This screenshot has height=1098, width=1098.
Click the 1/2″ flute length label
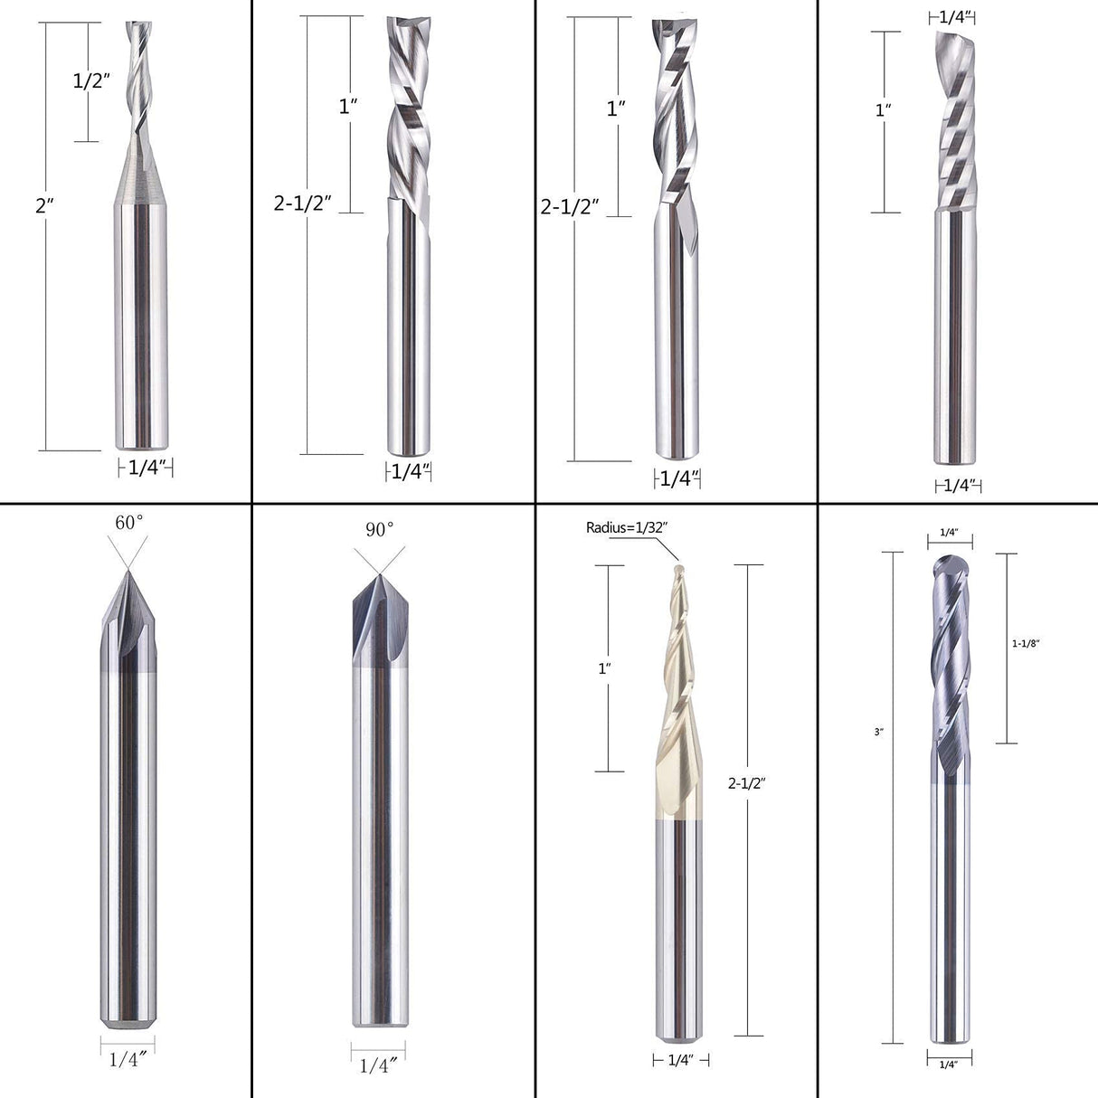pyautogui.click(x=91, y=80)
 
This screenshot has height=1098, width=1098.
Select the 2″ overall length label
pyautogui.click(x=40, y=205)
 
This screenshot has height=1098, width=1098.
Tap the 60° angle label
pyautogui.click(x=128, y=522)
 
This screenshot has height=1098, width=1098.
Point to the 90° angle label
pyautogui.click(x=381, y=528)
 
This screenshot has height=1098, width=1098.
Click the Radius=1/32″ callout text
pyautogui.click(x=627, y=527)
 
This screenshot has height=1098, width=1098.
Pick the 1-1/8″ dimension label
pyautogui.click(x=1026, y=643)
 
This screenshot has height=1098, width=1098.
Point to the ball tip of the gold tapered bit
pyautogui.click(x=677, y=570)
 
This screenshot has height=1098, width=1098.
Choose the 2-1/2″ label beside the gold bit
pyautogui.click(x=747, y=784)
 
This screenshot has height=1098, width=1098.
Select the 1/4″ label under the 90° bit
pyautogui.click(x=379, y=1065)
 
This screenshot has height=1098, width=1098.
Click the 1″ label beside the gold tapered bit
pyautogui.click(x=604, y=668)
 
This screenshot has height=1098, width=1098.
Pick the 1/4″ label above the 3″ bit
pyautogui.click(x=949, y=533)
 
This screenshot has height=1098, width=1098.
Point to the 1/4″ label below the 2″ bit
pyautogui.click(x=146, y=468)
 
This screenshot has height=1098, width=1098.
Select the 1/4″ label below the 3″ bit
pyautogui.click(x=949, y=1065)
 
